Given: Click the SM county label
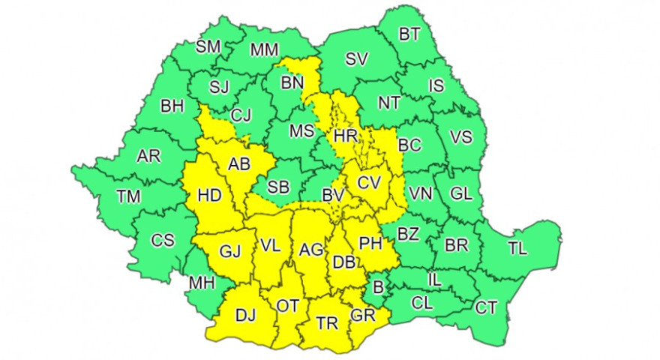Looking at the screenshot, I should (x=208, y=46).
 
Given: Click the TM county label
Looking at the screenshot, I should (x=128, y=196).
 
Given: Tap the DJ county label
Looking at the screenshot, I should (x=245, y=316).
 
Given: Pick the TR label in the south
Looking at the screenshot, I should (x=326, y=323).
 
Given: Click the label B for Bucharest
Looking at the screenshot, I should (x=378, y=287).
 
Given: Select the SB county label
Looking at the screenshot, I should (x=279, y=187).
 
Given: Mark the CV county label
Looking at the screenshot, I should (x=369, y=182).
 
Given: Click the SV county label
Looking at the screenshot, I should (x=357, y=59).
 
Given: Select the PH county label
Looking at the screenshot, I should (x=371, y=242).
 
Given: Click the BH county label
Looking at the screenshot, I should (x=172, y=106).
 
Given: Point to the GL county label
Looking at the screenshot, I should (x=460, y=193).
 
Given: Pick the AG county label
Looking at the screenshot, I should (x=310, y=249).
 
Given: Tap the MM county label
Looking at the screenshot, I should (x=264, y=50).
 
